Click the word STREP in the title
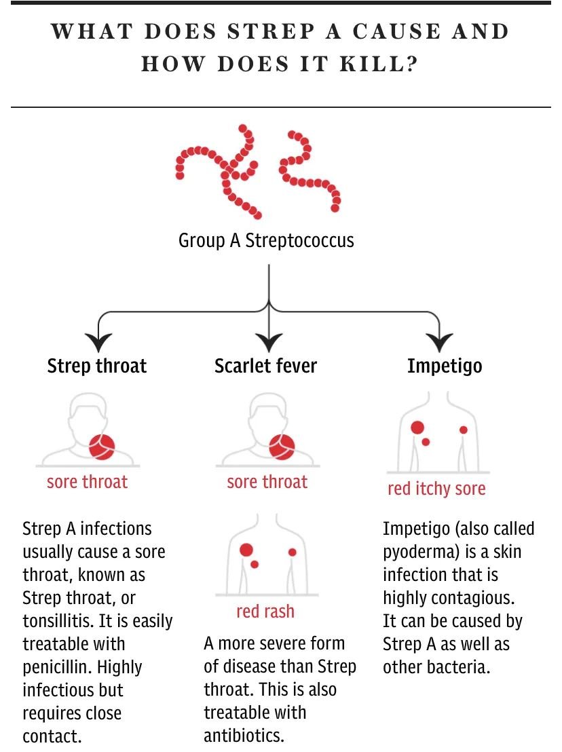click(x=271, y=32)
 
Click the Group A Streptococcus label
click(x=266, y=240)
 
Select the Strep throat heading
click(x=97, y=366)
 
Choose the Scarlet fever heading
click(x=265, y=366)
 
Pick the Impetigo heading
click(x=445, y=366)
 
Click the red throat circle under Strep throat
click(x=102, y=447)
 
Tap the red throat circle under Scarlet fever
click(x=282, y=447)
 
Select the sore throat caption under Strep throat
click(x=88, y=481)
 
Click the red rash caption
click(x=265, y=612)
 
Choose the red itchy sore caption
click(x=436, y=489)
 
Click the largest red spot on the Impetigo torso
click(x=417, y=428)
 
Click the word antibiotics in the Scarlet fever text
click(x=244, y=735)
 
